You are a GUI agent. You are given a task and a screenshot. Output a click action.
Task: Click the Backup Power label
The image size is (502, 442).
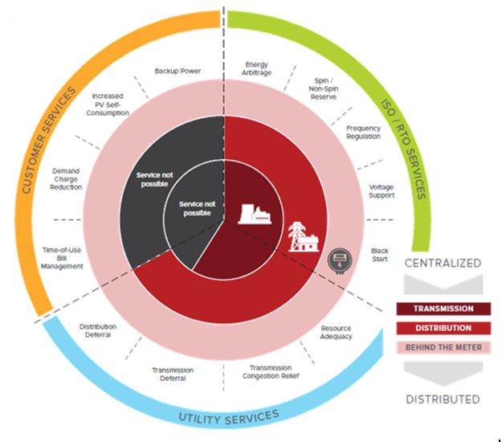178,71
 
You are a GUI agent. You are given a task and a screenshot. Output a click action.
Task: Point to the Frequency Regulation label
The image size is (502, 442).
363,133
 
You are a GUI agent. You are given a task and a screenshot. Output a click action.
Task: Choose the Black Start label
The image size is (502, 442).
379,255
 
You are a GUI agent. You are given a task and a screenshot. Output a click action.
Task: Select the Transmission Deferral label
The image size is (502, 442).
173,374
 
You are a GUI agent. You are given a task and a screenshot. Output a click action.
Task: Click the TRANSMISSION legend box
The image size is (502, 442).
443,309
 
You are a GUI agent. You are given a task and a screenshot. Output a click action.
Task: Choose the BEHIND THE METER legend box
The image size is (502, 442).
443,347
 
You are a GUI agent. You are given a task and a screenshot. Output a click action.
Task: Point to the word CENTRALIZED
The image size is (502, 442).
443,263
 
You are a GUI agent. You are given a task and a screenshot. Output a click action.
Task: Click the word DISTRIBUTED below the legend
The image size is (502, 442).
443,399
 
